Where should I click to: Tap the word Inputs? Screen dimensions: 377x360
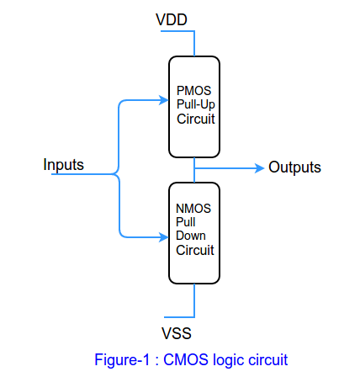coord(63,164)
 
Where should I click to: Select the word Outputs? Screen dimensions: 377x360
coord(294,167)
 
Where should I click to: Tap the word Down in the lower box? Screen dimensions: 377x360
coord(191,236)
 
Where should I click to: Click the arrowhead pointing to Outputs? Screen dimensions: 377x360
coord(258,167)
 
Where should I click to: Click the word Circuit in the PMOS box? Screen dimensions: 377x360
coord(196,118)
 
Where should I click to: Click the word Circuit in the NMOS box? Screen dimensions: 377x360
coord(195,250)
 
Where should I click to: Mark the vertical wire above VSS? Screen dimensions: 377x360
coord(195,298)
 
